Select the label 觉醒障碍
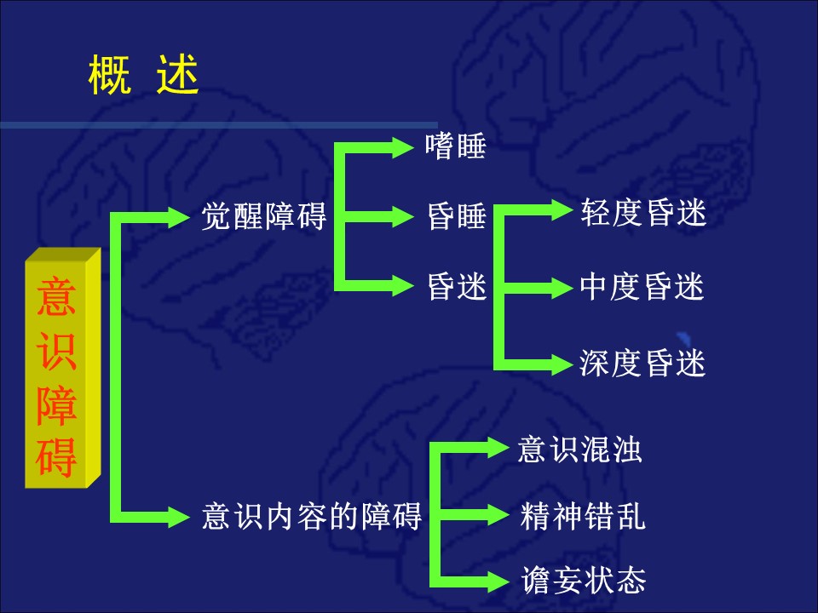point(264,216)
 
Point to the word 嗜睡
point(456,147)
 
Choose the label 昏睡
point(457,218)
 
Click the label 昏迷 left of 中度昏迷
point(457,288)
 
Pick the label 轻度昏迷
point(643,214)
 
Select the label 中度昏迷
point(642,288)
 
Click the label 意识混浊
point(579,450)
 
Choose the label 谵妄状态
point(584,581)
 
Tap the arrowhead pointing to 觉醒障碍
point(178,216)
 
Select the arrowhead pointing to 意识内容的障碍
point(178,515)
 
